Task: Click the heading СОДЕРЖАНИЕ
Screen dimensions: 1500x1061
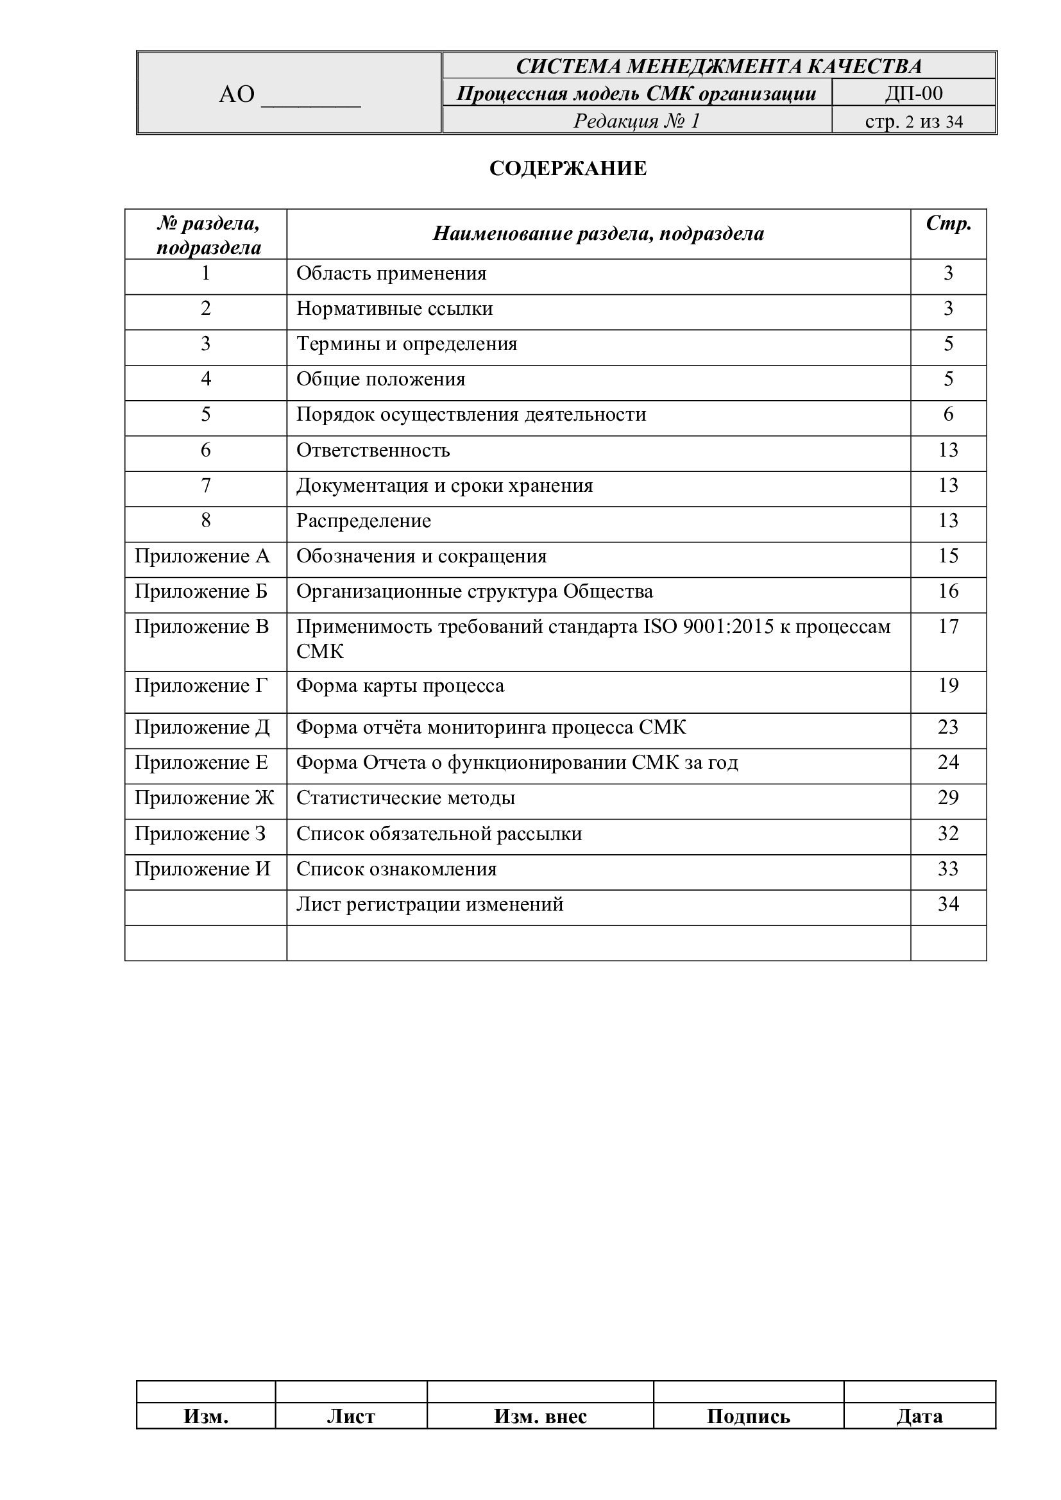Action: point(568,169)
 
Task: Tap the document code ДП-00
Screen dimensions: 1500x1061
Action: point(913,94)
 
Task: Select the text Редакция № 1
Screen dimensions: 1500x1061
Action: point(636,121)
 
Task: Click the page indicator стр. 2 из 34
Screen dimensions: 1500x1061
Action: point(913,121)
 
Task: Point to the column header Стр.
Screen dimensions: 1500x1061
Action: point(948,224)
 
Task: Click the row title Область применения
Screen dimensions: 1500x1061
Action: point(391,273)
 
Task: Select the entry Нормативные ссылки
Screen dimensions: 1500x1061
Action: point(395,308)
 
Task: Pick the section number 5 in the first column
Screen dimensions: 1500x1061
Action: point(206,414)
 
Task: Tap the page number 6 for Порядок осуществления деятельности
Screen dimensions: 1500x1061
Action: point(948,414)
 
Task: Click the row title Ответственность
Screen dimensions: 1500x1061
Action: point(373,450)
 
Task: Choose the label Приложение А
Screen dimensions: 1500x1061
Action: point(202,556)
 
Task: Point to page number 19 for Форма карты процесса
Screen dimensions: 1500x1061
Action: point(948,686)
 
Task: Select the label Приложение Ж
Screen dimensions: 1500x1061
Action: point(205,798)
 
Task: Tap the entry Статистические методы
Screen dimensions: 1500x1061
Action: point(405,798)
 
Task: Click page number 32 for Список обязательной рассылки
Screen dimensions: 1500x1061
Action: point(948,834)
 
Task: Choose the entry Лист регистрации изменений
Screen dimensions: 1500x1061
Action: point(430,904)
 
